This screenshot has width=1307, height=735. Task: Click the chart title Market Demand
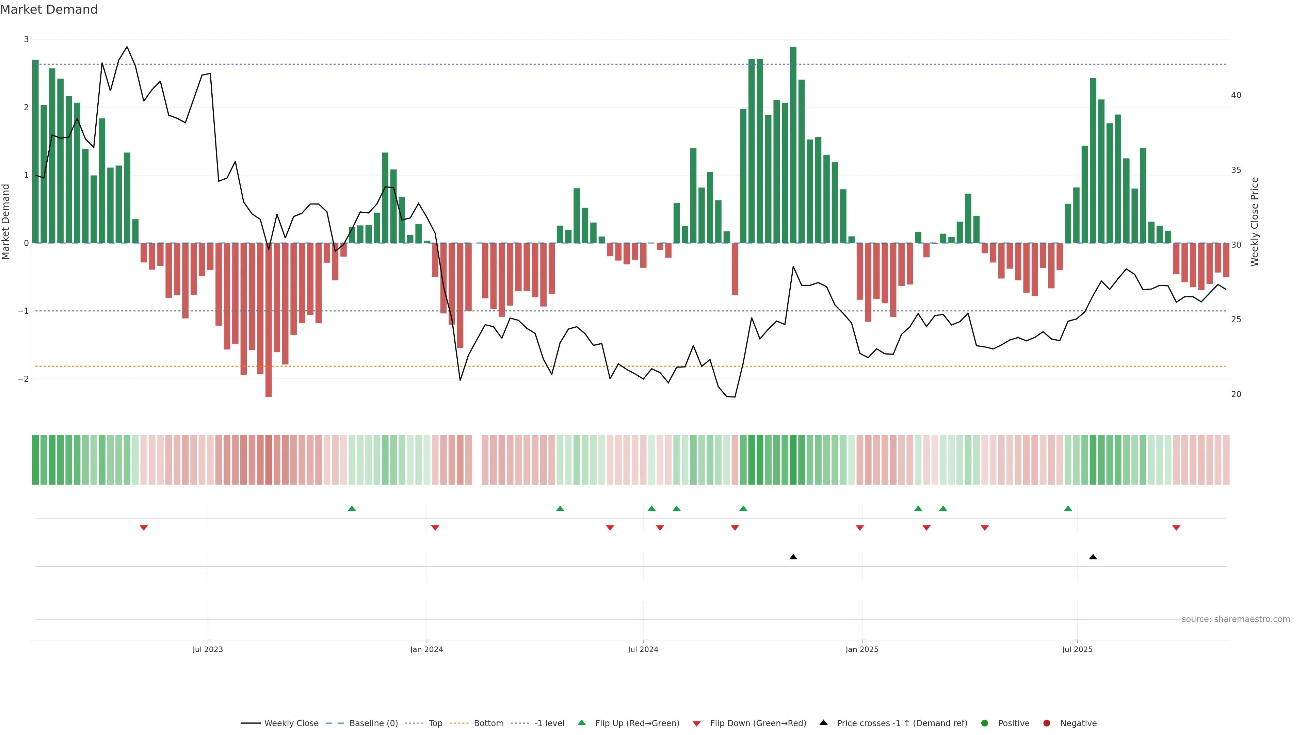49,10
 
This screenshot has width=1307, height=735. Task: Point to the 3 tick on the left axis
27,39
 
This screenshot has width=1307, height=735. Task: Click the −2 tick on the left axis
23,379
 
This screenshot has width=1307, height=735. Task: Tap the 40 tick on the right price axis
1236,95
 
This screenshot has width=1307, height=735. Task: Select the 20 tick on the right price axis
1236,394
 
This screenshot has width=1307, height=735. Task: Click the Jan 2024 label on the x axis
426,649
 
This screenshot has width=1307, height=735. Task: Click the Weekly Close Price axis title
1255,222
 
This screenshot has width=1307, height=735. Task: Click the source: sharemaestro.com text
1236,619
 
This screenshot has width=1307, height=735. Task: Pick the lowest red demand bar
269,320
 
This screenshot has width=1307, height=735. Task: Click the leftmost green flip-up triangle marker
352,508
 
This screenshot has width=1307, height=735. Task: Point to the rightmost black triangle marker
1093,557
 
